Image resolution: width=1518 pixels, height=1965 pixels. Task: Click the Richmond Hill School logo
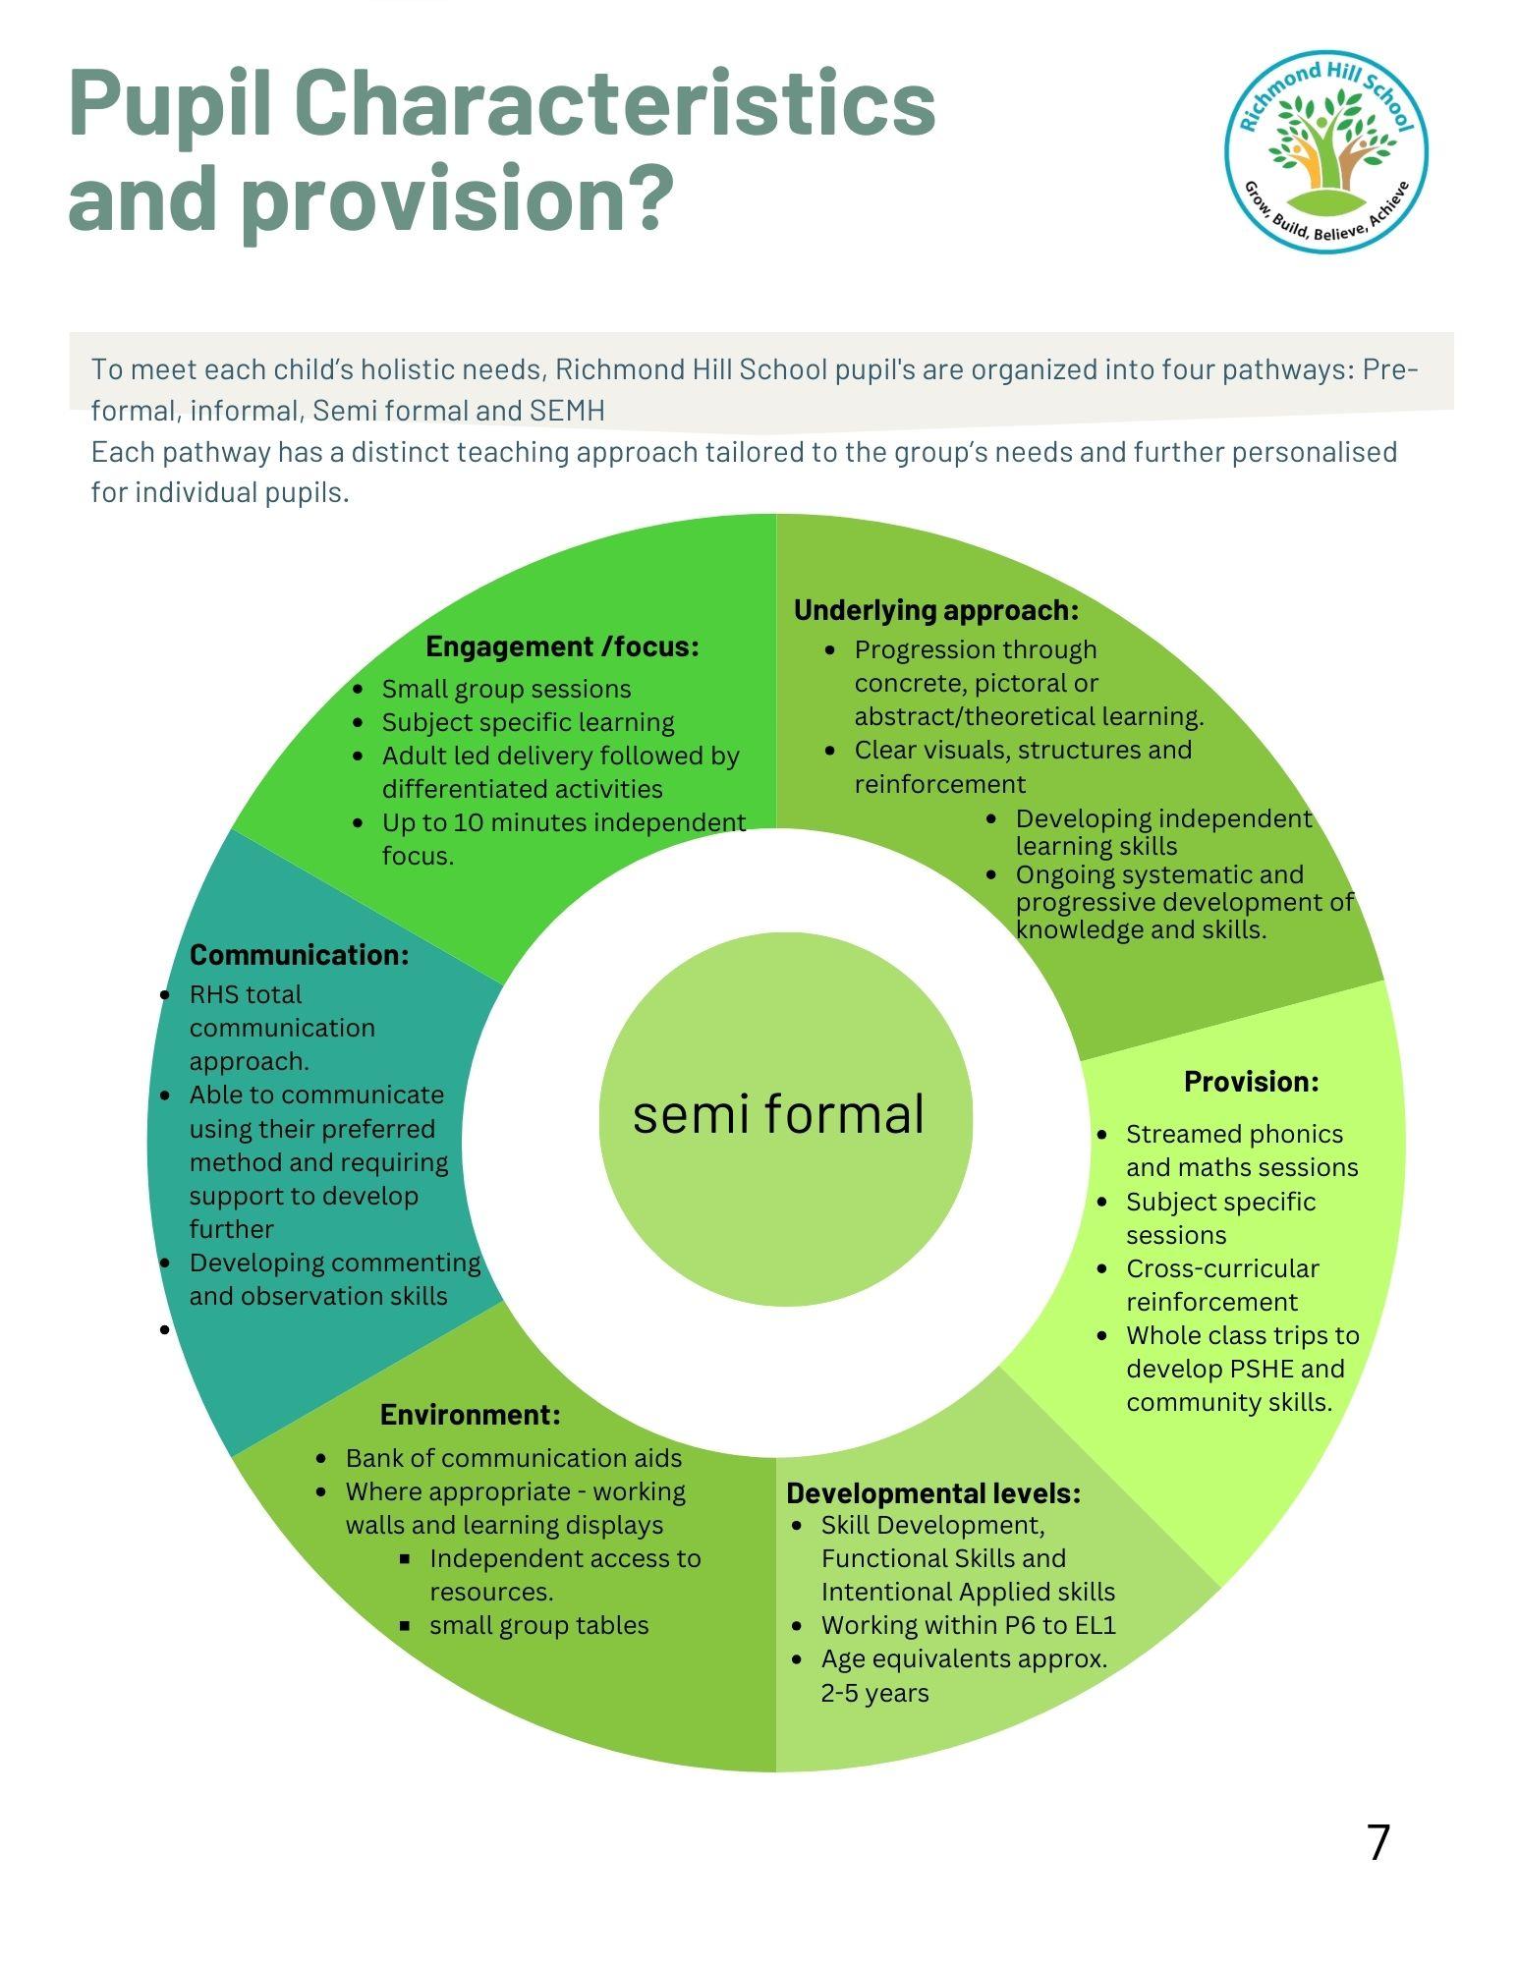[1325, 150]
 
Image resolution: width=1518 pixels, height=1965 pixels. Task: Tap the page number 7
[1378, 1842]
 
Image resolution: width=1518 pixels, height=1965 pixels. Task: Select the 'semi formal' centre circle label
[778, 1114]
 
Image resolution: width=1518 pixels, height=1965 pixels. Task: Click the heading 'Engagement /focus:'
[562, 646]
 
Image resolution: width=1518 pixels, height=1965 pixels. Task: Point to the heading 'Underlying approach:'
[935, 610]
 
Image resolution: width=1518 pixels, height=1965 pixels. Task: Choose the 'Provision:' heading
[1251, 1082]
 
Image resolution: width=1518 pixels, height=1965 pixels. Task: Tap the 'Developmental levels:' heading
[933, 1493]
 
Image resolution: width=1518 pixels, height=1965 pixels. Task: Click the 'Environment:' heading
[470, 1415]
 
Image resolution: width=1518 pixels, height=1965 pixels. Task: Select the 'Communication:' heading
[299, 955]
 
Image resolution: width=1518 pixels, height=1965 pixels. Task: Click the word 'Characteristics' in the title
[614, 106]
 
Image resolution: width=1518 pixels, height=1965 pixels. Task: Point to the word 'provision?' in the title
[460, 199]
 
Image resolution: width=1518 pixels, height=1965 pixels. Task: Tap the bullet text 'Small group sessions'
[506, 689]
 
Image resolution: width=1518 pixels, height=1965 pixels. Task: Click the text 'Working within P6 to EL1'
[968, 1626]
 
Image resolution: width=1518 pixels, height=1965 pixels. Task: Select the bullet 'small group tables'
[538, 1625]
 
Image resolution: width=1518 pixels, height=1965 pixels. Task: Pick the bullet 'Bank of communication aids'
[513, 1458]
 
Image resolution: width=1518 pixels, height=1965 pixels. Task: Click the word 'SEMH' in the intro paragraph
[567, 411]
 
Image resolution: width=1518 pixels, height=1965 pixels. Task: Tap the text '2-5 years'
[874, 1693]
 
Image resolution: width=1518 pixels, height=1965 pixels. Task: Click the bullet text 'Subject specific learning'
[528, 722]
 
